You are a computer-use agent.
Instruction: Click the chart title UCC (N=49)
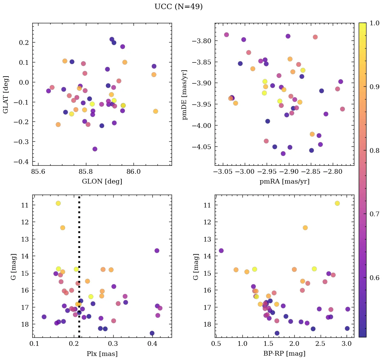[x=178, y=7]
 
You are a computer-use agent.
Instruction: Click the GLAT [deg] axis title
[x=6, y=94]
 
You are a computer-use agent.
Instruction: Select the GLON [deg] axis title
[x=102, y=182]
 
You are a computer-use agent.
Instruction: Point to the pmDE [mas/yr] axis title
[x=185, y=94]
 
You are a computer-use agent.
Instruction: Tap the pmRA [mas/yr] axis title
[x=284, y=182]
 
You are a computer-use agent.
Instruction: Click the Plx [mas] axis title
[x=102, y=354]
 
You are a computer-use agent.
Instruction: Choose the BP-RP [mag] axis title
[x=284, y=354]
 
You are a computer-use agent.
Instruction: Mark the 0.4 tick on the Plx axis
[x=153, y=344]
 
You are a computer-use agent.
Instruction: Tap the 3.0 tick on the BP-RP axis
[x=346, y=344]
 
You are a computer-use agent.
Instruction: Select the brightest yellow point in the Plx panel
[x=58, y=203]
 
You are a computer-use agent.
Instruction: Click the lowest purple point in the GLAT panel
[x=95, y=149]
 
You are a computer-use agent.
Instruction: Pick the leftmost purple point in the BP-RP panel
[x=221, y=250]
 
